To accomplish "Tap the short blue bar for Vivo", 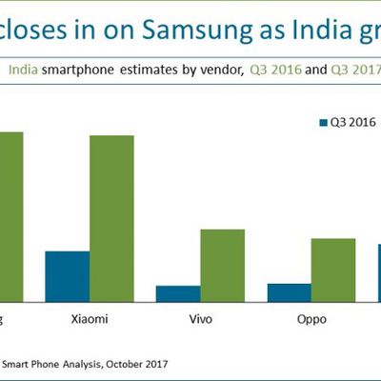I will click(x=178, y=291).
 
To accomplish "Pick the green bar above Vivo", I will click(x=222, y=264).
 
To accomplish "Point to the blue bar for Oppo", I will click(x=289, y=291).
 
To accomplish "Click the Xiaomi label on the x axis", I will click(x=90, y=318).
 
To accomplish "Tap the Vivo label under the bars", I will click(x=200, y=318).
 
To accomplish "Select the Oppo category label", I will click(x=311, y=318).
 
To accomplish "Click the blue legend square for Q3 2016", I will click(x=320, y=121).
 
